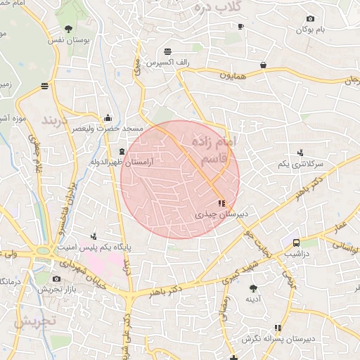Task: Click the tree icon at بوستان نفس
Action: click(67, 29)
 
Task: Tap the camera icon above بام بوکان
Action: click(310, 18)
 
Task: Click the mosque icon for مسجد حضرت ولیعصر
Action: click(107, 118)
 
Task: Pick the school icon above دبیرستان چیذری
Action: click(222, 203)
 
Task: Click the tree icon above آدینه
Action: click(253, 288)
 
